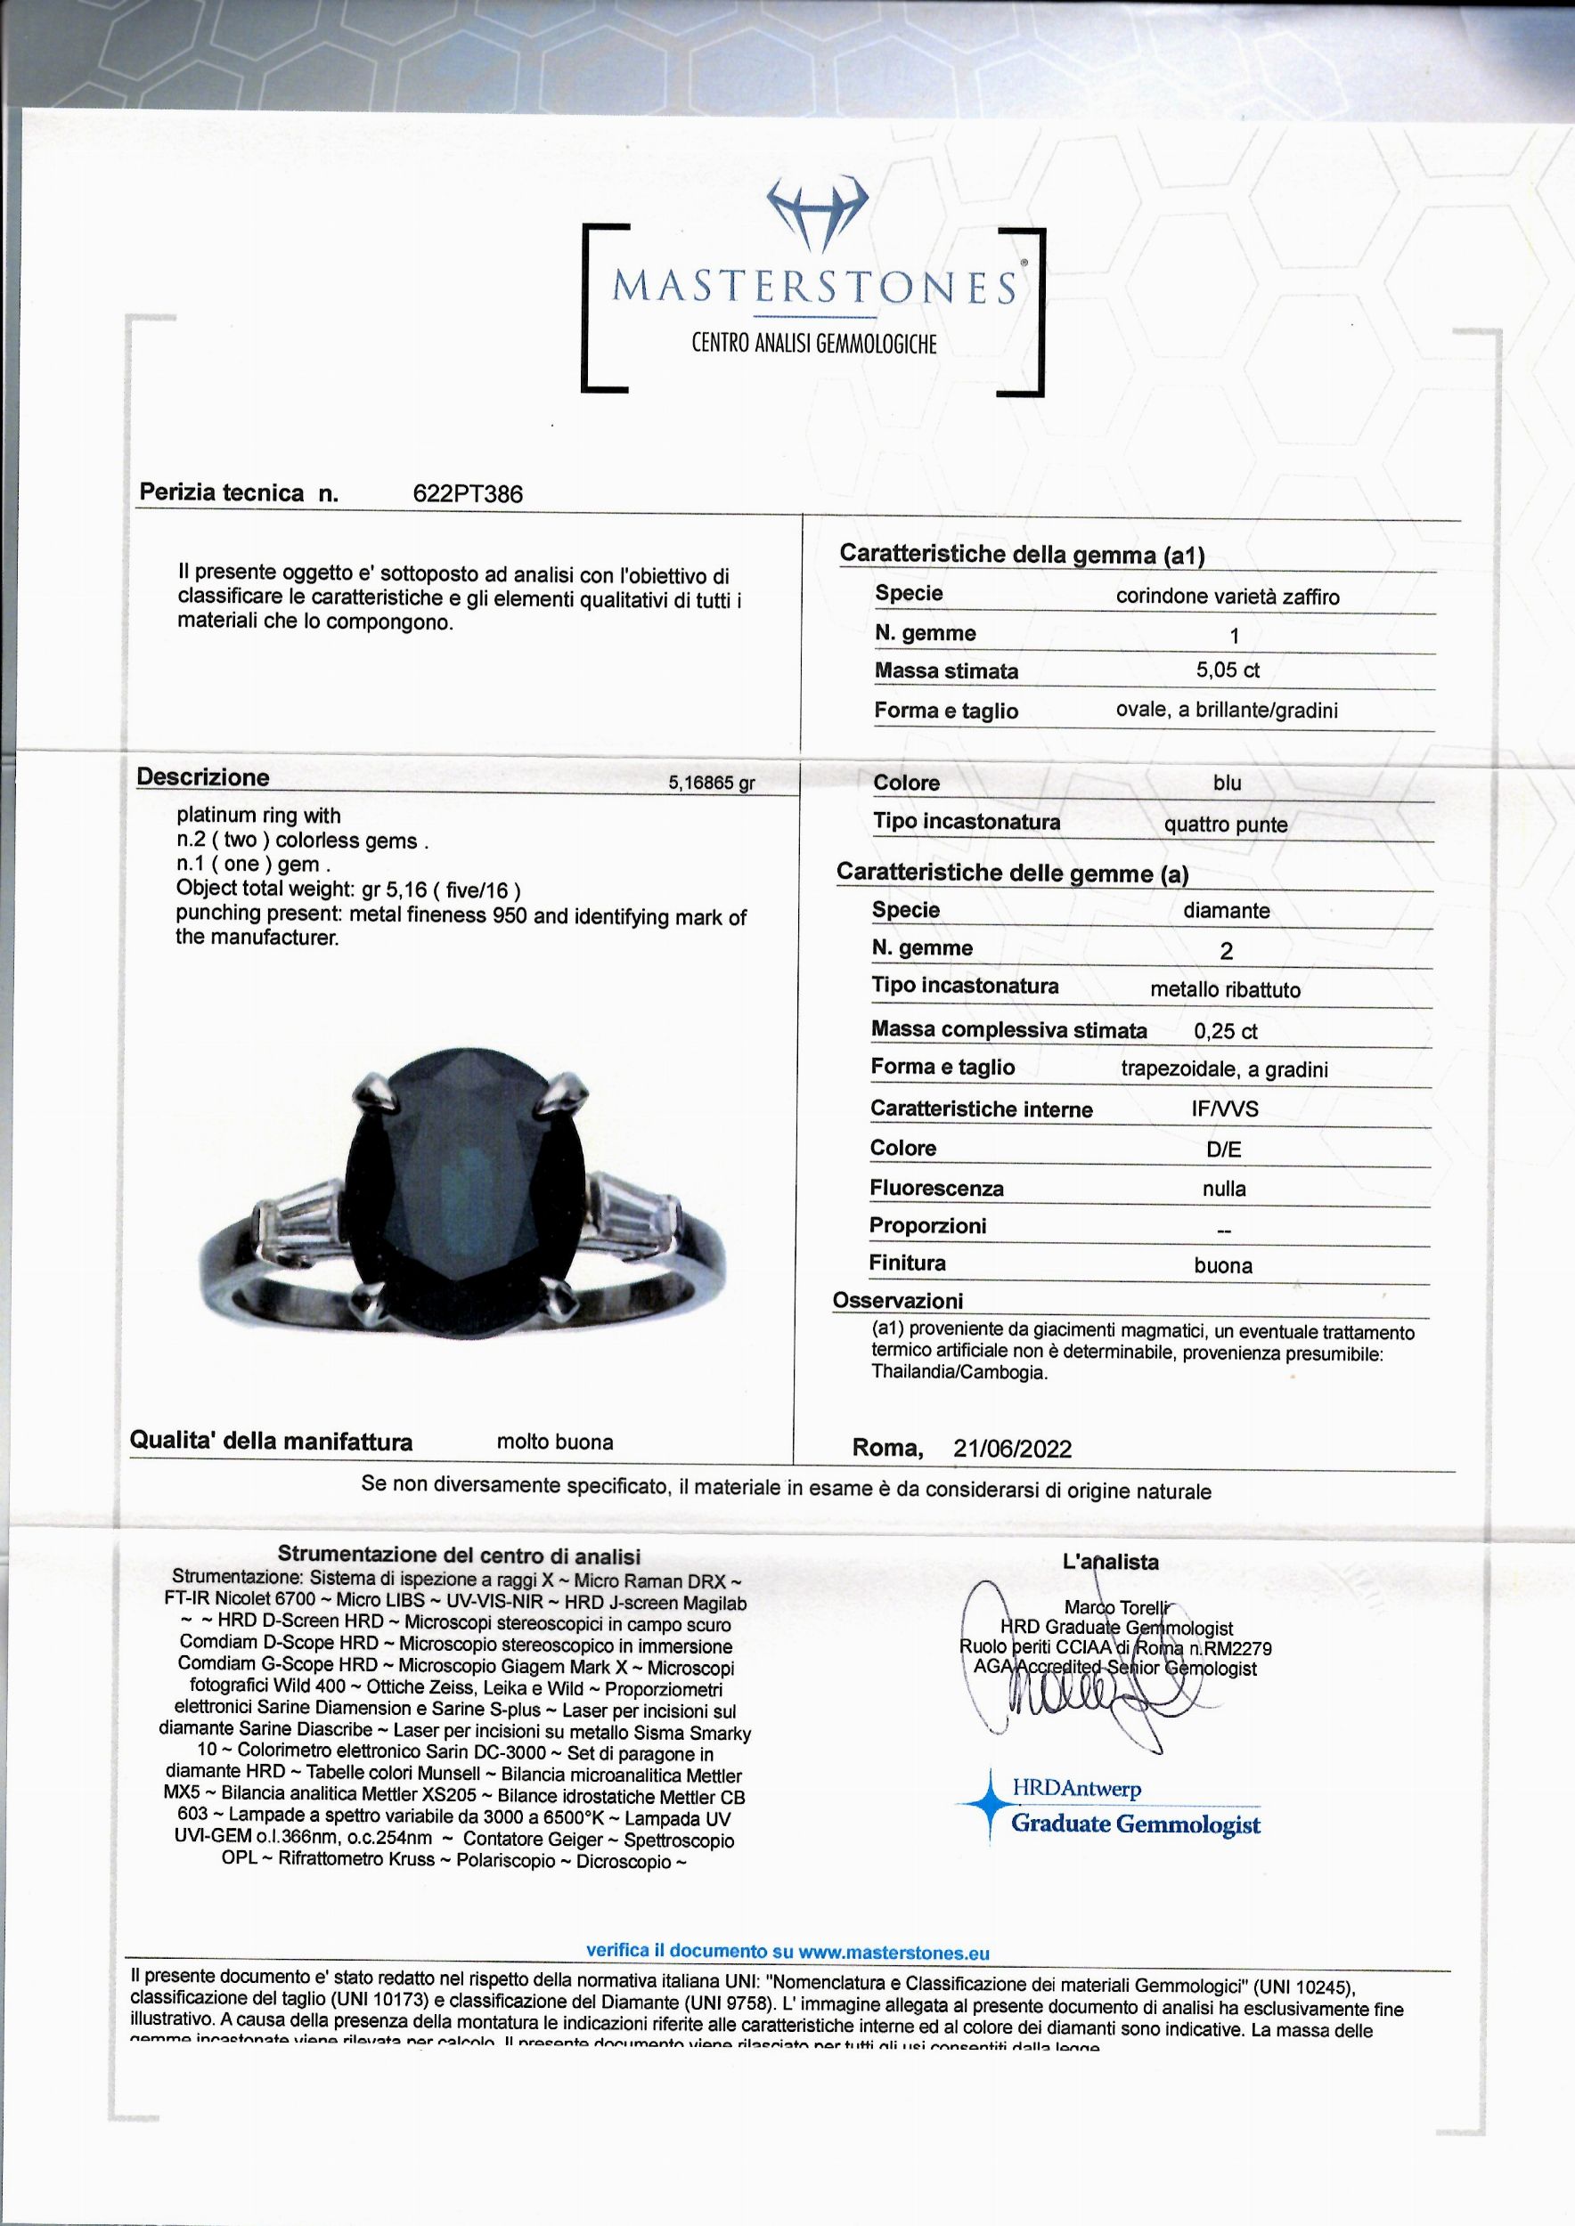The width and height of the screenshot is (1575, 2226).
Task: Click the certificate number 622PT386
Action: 468,494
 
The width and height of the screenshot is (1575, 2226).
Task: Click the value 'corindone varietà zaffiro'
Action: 1227,597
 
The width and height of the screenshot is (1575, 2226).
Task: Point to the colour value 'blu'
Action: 1227,784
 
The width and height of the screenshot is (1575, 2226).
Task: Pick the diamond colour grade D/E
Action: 1224,1150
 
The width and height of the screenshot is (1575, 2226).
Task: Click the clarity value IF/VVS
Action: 1224,1109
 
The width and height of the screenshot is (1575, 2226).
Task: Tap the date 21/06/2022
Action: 1013,1449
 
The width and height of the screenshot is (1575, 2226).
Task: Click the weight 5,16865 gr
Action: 711,784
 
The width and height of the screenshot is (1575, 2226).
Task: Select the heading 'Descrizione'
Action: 203,777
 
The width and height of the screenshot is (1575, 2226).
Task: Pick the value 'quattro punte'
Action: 1226,825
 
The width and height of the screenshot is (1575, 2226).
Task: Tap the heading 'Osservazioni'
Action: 898,1301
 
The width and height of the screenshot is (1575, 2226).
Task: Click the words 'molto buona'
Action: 555,1442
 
